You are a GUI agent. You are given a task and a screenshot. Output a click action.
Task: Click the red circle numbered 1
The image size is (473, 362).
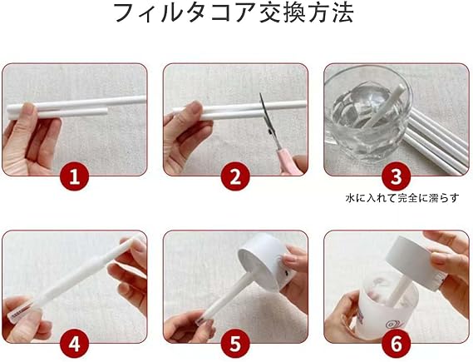pyautogui.click(x=75, y=176)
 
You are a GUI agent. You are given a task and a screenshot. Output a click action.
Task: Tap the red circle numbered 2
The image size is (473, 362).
pyautogui.click(x=235, y=176)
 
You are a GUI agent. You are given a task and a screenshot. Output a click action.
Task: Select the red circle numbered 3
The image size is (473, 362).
pyautogui.click(x=397, y=176)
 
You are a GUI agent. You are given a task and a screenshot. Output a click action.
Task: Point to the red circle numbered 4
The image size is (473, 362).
pyautogui.click(x=75, y=344)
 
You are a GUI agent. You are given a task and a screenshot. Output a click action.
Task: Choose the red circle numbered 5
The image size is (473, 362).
pyautogui.click(x=235, y=344)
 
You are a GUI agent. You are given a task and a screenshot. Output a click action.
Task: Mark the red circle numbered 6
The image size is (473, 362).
pyautogui.click(x=397, y=344)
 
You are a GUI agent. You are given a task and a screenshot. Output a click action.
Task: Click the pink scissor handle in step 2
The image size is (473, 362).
pyautogui.click(x=288, y=161)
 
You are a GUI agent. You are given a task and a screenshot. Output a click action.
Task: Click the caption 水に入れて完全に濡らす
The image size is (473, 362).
pyautogui.click(x=402, y=198)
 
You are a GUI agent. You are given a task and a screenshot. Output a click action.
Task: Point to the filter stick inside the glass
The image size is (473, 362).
pyautogui.click(x=385, y=106)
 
